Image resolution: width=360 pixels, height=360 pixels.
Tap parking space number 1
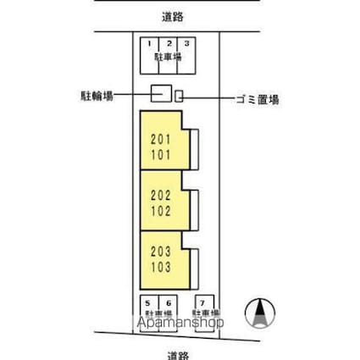click(x=148, y=43)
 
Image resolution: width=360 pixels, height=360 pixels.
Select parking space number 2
click(x=168, y=43)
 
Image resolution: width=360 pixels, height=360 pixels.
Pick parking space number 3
click(x=186, y=43)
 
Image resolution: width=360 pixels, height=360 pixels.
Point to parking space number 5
click(x=148, y=302)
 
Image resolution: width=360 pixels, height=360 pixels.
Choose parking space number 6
click(x=168, y=302)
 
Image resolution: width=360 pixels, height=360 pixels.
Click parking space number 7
click(x=203, y=302)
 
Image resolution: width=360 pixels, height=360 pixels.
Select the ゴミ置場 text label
click(x=257, y=98)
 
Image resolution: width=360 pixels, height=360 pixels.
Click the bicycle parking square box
click(x=161, y=94)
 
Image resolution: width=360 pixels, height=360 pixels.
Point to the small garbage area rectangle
click(x=179, y=96)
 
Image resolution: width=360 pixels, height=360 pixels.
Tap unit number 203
click(x=161, y=253)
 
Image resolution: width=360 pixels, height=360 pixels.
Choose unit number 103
click(x=161, y=268)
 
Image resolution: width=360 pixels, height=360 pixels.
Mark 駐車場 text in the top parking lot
click(x=167, y=57)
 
